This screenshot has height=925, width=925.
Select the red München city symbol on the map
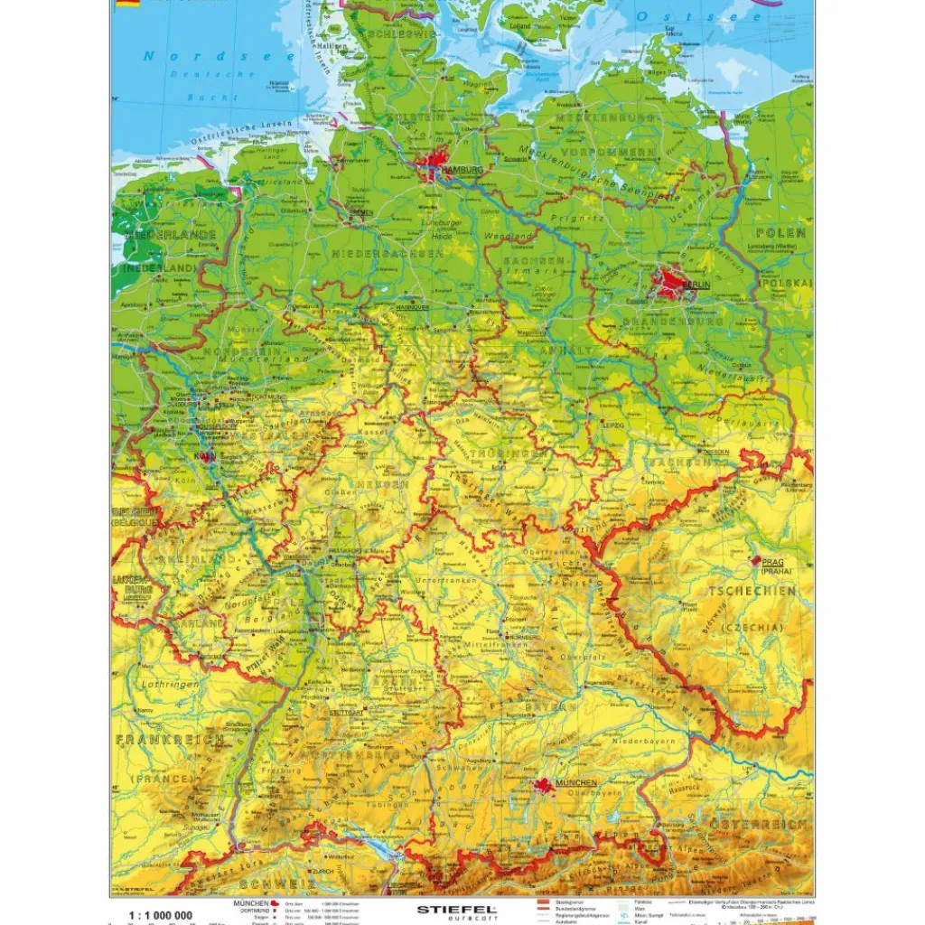[545, 786]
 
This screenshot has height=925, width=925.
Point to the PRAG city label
[775, 561]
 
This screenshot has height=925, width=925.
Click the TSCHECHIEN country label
[752, 591]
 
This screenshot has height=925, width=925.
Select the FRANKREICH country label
[170, 740]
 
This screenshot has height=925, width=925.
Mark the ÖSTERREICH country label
[757, 826]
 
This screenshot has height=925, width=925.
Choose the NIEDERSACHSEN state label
[387, 255]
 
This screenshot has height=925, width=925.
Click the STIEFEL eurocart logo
[456, 911]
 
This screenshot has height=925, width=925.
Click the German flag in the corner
[125, 4]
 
